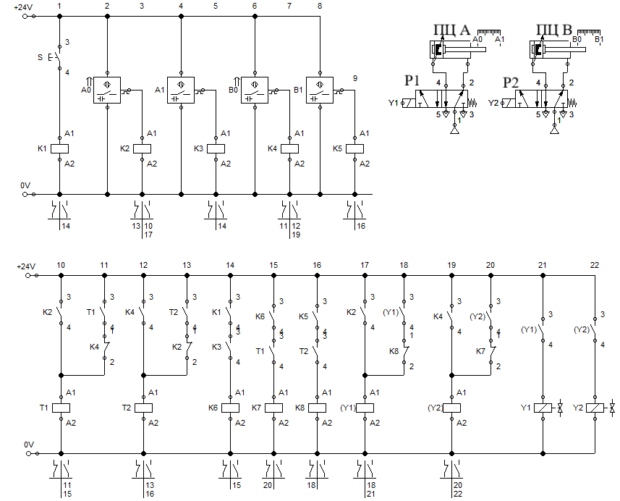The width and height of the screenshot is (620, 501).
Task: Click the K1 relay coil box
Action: click(x=60, y=148)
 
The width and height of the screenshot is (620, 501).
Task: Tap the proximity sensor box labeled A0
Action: click(x=106, y=90)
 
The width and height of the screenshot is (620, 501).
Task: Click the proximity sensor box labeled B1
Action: click(x=320, y=90)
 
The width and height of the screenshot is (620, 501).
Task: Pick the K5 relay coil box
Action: click(x=354, y=148)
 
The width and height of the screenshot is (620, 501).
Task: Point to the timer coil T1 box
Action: click(x=61, y=407)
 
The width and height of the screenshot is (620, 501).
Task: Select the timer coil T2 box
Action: click(x=144, y=407)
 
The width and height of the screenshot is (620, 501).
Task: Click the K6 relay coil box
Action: click(x=230, y=407)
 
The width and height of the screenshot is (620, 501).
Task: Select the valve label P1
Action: click(x=413, y=81)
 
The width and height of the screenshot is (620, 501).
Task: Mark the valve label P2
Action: click(x=513, y=81)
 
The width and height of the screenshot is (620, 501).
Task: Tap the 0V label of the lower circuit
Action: click(x=27, y=445)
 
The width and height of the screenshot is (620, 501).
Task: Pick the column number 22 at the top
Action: click(x=594, y=266)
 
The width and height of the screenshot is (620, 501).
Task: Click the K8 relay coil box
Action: click(x=317, y=407)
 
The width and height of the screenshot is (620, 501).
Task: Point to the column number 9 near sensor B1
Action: click(x=354, y=77)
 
